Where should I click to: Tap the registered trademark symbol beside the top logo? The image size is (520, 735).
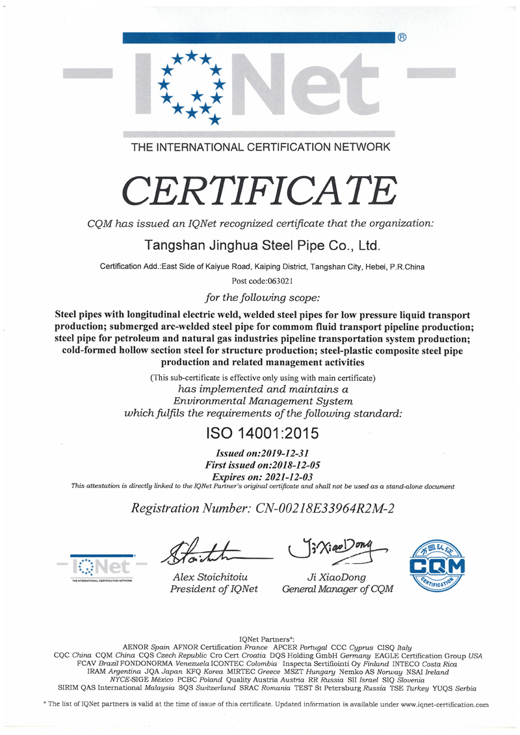pyautogui.click(x=402, y=38)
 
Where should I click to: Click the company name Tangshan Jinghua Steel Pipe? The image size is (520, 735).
pyautogui.click(x=260, y=246)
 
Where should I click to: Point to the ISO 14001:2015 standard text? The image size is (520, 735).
pyautogui.click(x=263, y=432)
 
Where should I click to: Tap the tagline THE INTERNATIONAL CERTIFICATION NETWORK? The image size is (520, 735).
pyautogui.click(x=261, y=148)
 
